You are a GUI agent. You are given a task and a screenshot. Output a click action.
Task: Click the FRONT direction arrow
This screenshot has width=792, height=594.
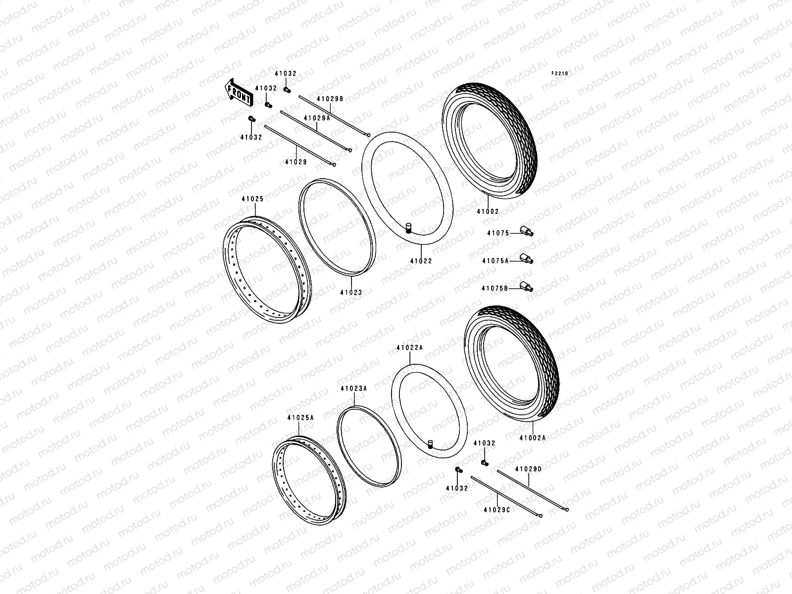(x=238, y=93)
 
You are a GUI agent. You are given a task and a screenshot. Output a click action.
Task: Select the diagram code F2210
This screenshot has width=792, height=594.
(x=560, y=73)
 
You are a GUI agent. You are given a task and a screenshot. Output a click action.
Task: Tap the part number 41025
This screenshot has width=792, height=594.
(x=252, y=199)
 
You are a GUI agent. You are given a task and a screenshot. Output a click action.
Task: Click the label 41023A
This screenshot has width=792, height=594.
(x=353, y=389)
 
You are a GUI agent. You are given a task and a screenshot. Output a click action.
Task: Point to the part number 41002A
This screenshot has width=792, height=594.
(x=533, y=438)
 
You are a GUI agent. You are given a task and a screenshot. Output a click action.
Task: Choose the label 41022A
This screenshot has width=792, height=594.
(x=409, y=347)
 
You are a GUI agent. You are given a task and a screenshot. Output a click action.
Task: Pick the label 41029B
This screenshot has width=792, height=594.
(x=330, y=98)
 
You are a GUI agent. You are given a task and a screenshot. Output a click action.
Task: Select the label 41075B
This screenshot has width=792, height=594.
(x=495, y=288)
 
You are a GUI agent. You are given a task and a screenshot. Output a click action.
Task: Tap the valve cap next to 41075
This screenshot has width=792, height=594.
(x=526, y=231)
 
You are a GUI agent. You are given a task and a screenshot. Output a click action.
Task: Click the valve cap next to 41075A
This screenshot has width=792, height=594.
(x=526, y=258)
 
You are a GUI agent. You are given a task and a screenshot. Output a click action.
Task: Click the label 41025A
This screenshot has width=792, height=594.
(x=300, y=417)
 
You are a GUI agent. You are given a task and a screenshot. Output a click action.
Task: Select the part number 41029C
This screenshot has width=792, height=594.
(x=496, y=509)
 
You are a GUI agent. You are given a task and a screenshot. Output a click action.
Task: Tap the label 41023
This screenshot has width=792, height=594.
(x=350, y=293)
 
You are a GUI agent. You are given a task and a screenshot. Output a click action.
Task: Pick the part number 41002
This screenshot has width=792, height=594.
(x=488, y=211)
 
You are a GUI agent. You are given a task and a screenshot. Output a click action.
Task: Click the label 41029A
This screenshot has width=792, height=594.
(x=317, y=118)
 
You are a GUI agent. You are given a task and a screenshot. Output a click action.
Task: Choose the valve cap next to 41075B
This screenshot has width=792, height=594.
(x=526, y=286)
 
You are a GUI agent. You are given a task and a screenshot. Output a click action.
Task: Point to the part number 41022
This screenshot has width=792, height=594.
(x=421, y=261)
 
